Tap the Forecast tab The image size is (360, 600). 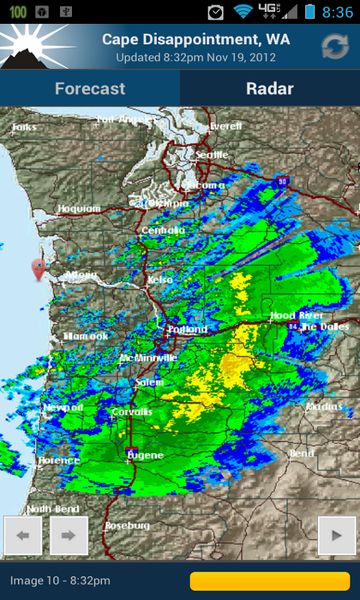click(90, 88)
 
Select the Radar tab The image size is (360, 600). click(270, 88)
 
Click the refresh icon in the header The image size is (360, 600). click(335, 46)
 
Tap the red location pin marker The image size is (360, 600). click(38, 268)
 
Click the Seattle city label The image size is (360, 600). click(211, 155)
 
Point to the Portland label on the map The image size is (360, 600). click(187, 329)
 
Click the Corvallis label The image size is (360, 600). click(131, 412)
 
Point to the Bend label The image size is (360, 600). click(301, 454)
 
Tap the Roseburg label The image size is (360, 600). click(127, 526)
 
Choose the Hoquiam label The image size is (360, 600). click(78, 208)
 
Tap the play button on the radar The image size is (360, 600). click(337, 535)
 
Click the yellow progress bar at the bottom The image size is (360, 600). click(270, 581)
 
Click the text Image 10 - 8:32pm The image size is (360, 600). click(60, 581)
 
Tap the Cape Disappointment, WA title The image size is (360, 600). click(196, 39)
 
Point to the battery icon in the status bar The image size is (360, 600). click(310, 12)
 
